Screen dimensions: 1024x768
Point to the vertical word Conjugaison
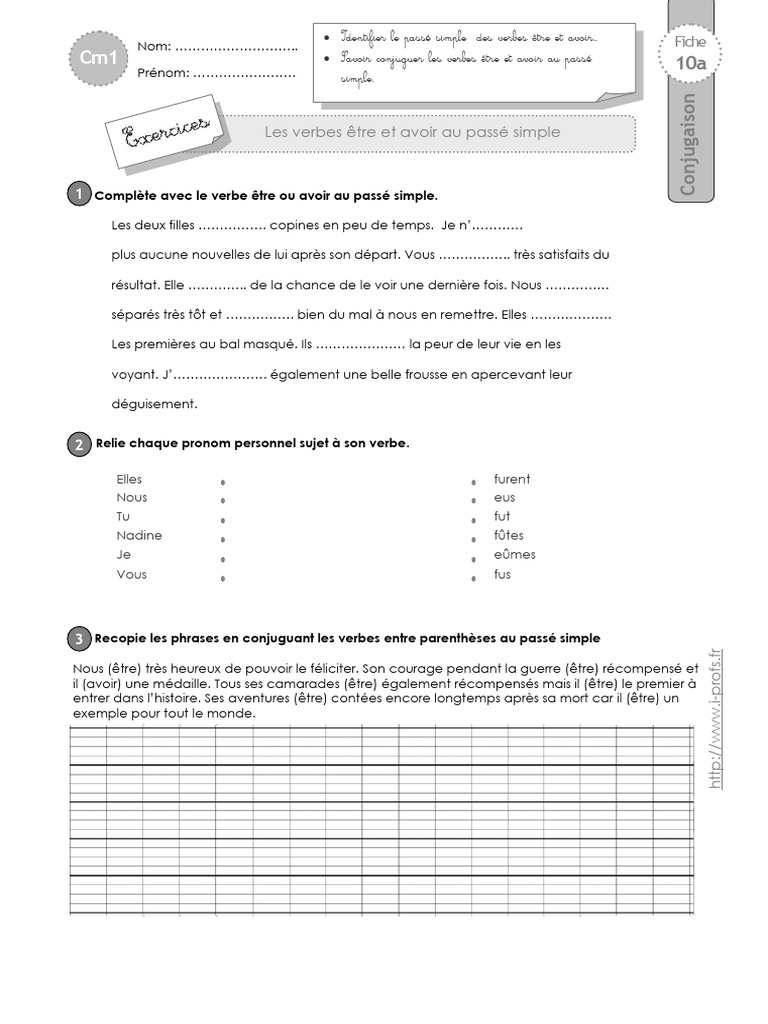688,145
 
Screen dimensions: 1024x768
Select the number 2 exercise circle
79,444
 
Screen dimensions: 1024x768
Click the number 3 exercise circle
79,638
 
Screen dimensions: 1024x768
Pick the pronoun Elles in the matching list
130,479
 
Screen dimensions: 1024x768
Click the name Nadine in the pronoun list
139,535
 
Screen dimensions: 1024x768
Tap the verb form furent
512,479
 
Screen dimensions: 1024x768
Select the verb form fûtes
508,535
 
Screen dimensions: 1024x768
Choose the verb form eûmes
514,554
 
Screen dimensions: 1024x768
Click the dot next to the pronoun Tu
222,520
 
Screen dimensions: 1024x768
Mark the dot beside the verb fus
472,578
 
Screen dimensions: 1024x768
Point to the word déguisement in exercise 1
155,404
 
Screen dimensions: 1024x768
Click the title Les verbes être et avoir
411,132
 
